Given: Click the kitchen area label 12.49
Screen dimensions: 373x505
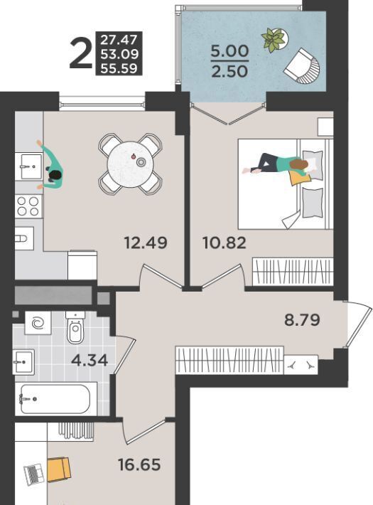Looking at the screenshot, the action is (146, 243).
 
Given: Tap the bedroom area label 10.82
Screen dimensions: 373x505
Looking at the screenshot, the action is (225, 243).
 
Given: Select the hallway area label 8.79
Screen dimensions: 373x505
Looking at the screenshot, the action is (302, 320).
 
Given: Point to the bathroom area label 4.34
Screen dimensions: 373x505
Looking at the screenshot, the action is (90, 360).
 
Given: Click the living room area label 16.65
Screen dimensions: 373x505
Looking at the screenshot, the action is (139, 464).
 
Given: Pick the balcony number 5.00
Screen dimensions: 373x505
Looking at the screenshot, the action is (229, 51).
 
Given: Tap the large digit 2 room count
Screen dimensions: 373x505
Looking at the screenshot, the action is (80, 53).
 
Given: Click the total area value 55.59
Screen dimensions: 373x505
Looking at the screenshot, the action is (119, 68).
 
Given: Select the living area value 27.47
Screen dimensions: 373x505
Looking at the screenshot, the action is (119, 40).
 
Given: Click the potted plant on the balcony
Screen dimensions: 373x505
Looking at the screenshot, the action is (274, 40).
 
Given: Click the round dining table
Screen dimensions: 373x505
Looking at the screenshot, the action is (130, 164).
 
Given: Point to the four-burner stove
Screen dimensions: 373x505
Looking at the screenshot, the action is (28, 206).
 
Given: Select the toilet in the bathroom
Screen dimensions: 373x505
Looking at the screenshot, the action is (75, 327).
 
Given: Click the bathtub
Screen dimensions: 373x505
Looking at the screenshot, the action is (55, 399).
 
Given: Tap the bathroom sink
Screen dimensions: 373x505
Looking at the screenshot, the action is (23, 362).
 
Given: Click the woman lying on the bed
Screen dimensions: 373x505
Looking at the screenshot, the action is (276, 165).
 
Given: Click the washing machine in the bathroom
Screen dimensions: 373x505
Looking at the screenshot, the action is (38, 323).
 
